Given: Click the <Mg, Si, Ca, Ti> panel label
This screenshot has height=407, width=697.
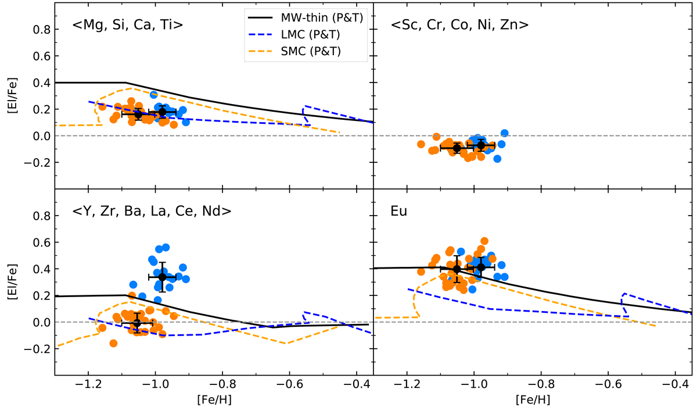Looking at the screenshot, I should point(128,25).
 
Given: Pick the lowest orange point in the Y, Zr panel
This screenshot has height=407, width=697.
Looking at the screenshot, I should point(113,343).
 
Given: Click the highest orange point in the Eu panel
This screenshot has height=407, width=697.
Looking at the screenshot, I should point(484,241).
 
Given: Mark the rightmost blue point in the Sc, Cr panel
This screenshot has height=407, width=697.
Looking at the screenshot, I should point(505,133).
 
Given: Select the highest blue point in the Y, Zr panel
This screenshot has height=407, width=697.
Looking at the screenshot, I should point(166,247).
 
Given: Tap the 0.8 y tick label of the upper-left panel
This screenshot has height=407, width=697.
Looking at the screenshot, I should point(42,30).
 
